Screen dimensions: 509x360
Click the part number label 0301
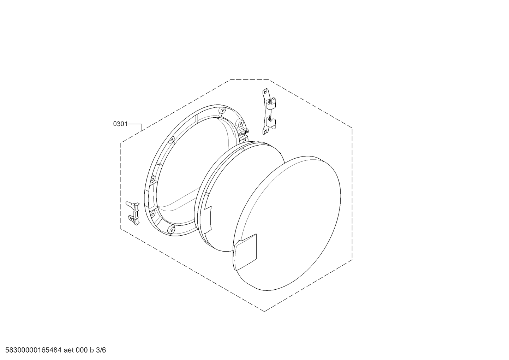click(x=120, y=124)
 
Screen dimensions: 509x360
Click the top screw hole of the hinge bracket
click(x=264, y=92)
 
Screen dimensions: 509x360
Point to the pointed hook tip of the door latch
click(x=127, y=202)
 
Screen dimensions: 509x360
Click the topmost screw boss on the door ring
click(x=223, y=110)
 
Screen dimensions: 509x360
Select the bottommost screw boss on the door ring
click(x=172, y=230)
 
